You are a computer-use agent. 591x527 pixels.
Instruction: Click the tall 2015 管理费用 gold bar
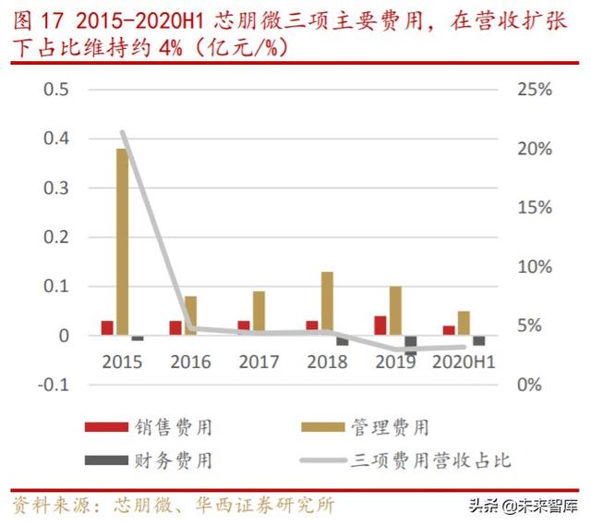tap(122, 241)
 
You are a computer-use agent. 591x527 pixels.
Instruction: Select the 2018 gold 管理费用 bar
tap(327, 303)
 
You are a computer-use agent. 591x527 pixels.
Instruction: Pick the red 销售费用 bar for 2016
tap(175, 328)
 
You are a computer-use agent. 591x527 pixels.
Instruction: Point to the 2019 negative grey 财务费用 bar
tap(410, 345)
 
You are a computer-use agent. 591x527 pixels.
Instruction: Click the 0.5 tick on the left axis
tap(57, 90)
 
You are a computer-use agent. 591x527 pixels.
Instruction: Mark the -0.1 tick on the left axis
tap(54, 385)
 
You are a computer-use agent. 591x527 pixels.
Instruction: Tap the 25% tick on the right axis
tap(533, 90)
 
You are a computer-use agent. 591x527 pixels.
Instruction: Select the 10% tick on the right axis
tap(533, 267)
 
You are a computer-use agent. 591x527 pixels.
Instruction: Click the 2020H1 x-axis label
tap(464, 362)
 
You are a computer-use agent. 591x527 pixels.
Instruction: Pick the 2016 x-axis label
tap(190, 362)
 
